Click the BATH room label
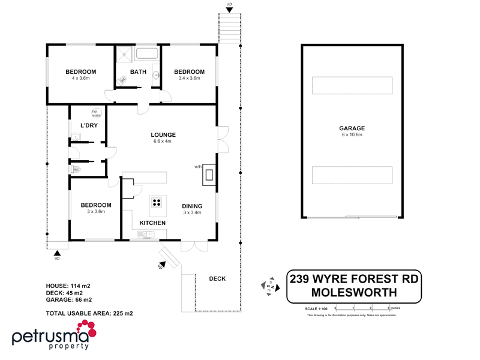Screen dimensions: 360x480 [x=138, y=72]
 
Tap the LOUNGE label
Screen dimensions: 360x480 [x=162, y=134]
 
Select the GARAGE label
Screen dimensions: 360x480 [x=352, y=128]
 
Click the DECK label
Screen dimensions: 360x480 [x=217, y=278]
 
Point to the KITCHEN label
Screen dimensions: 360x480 [x=152, y=223]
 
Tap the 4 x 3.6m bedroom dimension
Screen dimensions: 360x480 [x=80, y=79]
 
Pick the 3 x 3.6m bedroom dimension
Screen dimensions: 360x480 [x=96, y=211]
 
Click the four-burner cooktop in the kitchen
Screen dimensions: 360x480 [x=157, y=202]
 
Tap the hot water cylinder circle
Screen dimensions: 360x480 [x=95, y=112]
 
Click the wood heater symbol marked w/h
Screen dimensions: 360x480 [x=209, y=175]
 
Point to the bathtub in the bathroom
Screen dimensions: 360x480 [x=147, y=55]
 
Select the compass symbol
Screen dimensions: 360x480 [x=269, y=286]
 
